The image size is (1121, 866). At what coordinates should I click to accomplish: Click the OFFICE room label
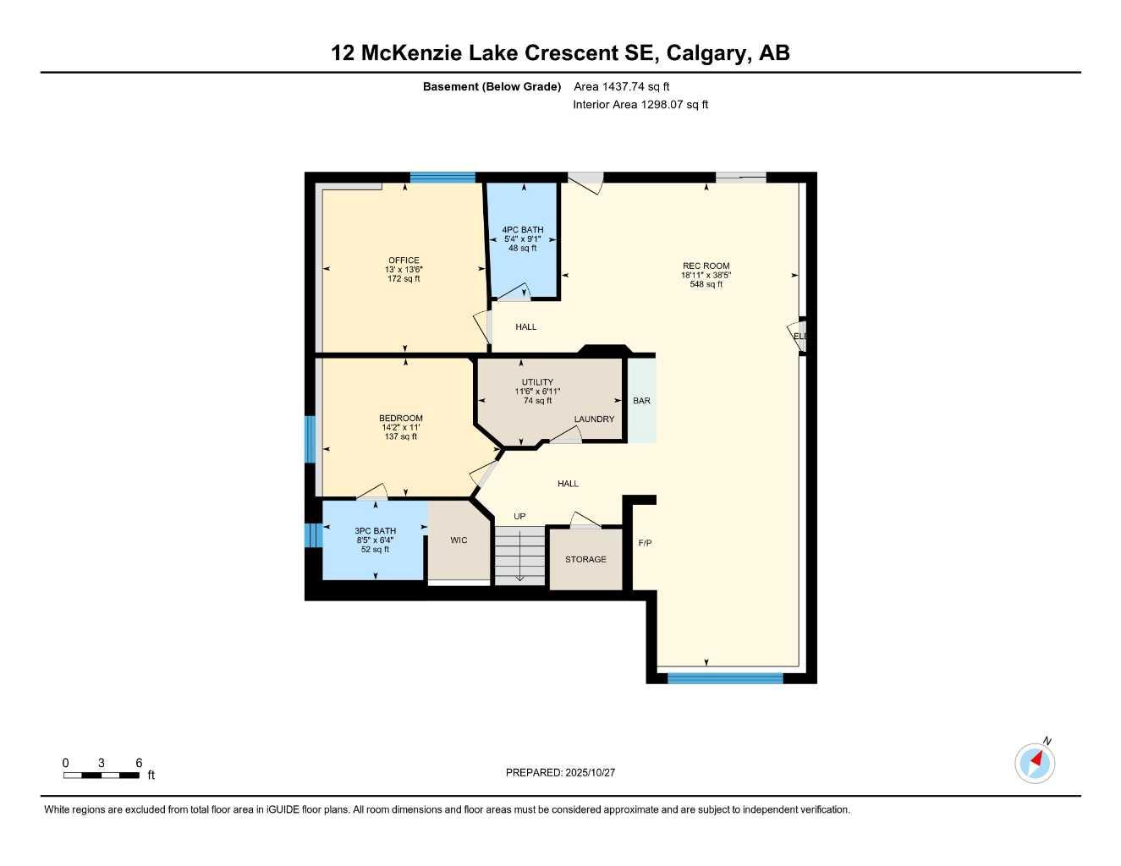click(404, 260)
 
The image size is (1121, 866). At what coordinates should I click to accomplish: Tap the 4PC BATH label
click(522, 229)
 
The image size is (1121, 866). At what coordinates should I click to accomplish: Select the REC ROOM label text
click(706, 266)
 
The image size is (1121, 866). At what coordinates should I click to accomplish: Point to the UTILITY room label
click(537, 382)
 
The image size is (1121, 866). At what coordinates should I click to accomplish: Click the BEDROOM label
click(400, 418)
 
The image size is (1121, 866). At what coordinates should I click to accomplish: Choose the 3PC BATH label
click(375, 531)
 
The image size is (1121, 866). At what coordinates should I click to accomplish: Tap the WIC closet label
click(459, 540)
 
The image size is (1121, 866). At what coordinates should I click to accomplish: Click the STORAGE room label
click(585, 559)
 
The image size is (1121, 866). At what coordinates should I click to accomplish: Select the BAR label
click(641, 401)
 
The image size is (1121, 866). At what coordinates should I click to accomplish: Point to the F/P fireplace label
click(645, 543)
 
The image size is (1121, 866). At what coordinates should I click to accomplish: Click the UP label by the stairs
click(519, 517)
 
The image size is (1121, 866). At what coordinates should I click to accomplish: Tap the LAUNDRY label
click(594, 419)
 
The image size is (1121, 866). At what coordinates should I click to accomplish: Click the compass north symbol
click(1035, 763)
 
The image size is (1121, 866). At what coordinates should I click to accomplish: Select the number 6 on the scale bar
click(139, 763)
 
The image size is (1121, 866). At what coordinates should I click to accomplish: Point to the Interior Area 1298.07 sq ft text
click(640, 105)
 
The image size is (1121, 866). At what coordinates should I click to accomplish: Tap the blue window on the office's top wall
click(442, 178)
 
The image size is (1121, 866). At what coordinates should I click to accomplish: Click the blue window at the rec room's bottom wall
click(725, 677)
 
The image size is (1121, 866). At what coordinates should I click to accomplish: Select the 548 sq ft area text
click(706, 284)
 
